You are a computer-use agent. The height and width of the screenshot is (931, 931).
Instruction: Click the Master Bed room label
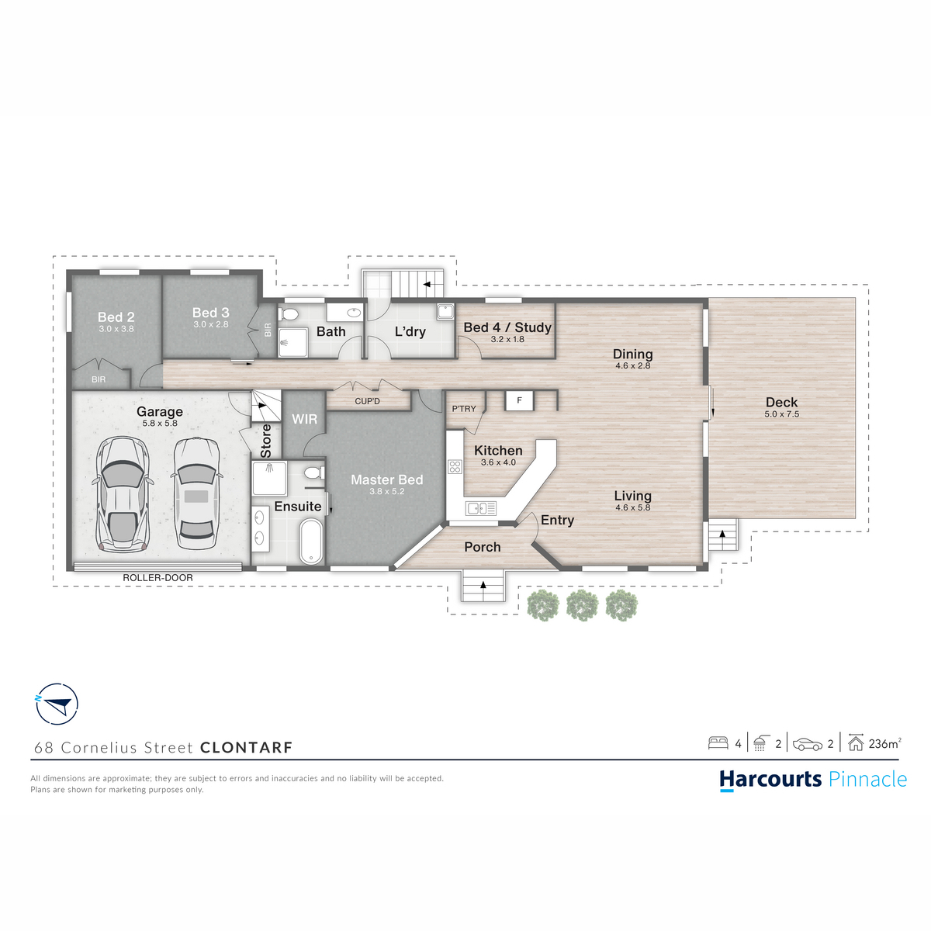pos(386,479)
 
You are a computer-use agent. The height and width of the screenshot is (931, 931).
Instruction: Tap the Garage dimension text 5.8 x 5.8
pos(160,424)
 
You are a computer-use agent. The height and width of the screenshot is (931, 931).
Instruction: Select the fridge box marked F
pos(519,400)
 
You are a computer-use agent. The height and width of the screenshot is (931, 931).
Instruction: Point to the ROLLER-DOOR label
pos(157,578)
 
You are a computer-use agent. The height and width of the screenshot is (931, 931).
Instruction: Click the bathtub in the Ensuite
pos(310,542)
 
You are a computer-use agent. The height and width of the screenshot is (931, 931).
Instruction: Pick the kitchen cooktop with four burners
pos(455,466)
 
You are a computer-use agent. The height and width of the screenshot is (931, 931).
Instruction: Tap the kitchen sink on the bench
pos(481,507)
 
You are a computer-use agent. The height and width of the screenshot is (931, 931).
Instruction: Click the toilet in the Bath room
pos(289,314)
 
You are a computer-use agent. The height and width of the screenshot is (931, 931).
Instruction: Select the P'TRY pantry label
pos(464,409)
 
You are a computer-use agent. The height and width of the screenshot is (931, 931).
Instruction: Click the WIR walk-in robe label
pos(304,419)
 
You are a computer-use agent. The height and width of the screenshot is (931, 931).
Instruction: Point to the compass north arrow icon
pos(57,704)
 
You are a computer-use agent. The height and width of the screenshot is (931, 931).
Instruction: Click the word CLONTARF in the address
pos(247,747)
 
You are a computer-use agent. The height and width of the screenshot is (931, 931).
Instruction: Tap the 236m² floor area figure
pos(884,743)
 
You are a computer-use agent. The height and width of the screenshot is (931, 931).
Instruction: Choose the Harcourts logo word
pos(770,779)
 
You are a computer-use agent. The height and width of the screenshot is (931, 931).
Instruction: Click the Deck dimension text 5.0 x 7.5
pos(782,414)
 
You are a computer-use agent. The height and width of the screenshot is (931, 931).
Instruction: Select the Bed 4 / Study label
pos(507,327)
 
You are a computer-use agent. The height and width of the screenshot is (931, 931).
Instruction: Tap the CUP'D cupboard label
pos(367,401)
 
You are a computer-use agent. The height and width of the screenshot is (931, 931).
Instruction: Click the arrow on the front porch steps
pos(483,585)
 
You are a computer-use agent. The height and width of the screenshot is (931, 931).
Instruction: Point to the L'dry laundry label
pos(410,331)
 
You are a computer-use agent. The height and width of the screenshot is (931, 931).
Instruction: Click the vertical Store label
pos(266,441)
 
